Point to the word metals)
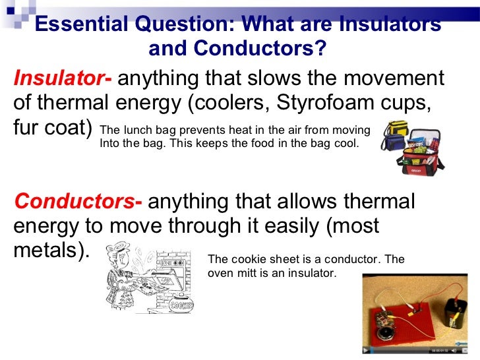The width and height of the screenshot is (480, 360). click(x=50, y=251)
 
